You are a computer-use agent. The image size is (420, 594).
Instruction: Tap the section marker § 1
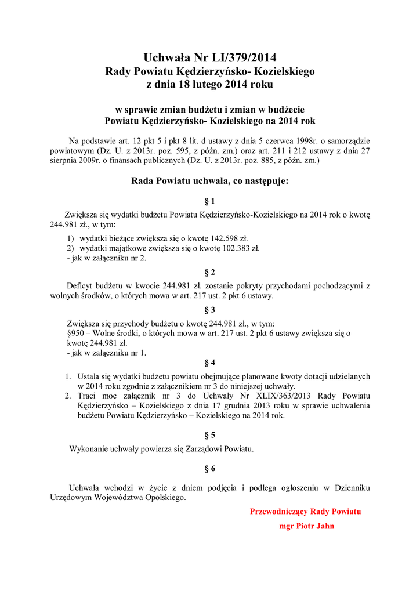click(x=210, y=201)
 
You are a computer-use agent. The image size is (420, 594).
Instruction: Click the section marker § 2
click(x=210, y=272)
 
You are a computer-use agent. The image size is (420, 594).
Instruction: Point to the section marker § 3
click(x=210, y=309)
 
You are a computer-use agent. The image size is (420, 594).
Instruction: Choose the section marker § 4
click(x=210, y=363)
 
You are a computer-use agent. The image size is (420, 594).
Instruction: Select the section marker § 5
click(x=210, y=434)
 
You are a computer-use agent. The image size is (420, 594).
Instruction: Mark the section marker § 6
click(x=210, y=468)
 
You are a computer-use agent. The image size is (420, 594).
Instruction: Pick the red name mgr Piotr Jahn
click(x=307, y=526)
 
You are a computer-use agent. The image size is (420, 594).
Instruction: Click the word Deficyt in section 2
click(x=82, y=285)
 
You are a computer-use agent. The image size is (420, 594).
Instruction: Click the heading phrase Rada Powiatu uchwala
click(x=180, y=181)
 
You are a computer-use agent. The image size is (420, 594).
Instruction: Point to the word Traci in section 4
click(x=88, y=396)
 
